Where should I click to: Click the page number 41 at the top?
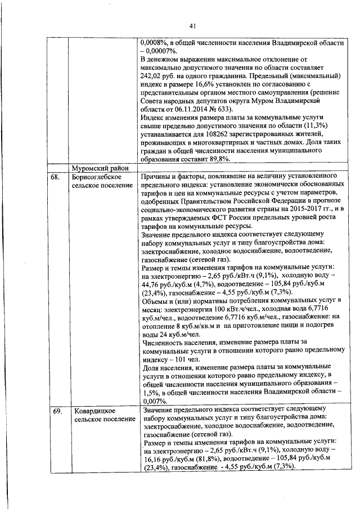click(192, 26)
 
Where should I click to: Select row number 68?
click(55, 177)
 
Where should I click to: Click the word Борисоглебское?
click(96, 177)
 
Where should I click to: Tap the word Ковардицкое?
click(93, 412)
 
